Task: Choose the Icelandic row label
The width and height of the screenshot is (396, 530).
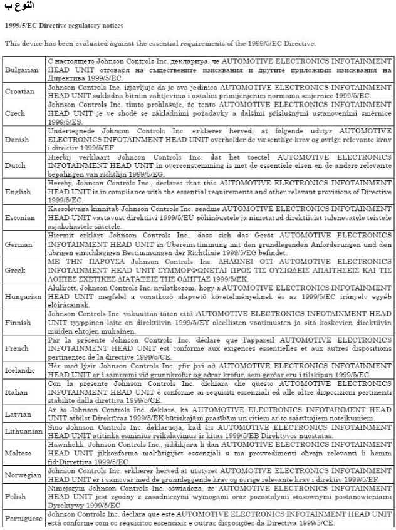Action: pyautogui.click(x=21, y=370)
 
